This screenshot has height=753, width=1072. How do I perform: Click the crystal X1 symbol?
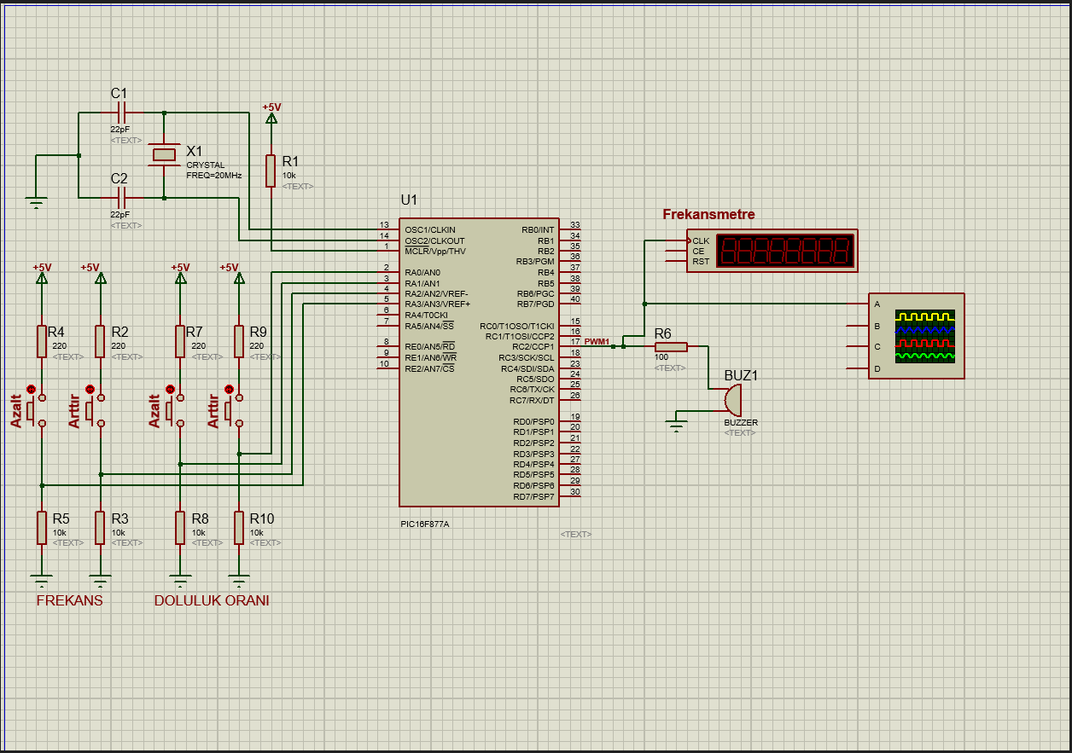tap(164, 154)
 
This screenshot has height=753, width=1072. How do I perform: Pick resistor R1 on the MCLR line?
tap(271, 171)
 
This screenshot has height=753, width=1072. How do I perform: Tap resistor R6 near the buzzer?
tap(671, 346)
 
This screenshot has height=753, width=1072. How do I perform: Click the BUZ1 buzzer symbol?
tap(732, 399)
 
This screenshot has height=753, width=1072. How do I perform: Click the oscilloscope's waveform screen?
tap(924, 337)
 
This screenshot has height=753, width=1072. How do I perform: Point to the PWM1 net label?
tap(597, 342)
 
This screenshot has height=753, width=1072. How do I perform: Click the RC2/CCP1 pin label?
tap(533, 347)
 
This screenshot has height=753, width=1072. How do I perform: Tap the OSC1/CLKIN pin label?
tap(429, 230)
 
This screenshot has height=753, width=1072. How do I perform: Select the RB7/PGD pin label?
tap(535, 304)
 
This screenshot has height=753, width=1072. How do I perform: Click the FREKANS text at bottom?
tap(69, 600)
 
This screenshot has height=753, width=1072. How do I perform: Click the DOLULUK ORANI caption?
tap(212, 600)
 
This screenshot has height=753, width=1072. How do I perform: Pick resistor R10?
tap(239, 527)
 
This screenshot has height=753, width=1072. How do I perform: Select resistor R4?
tap(41, 341)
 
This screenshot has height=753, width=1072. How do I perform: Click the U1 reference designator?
tap(409, 200)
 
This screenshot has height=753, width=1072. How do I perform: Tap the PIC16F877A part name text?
tap(424, 524)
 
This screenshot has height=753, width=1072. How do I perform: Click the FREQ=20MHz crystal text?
tap(213, 175)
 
